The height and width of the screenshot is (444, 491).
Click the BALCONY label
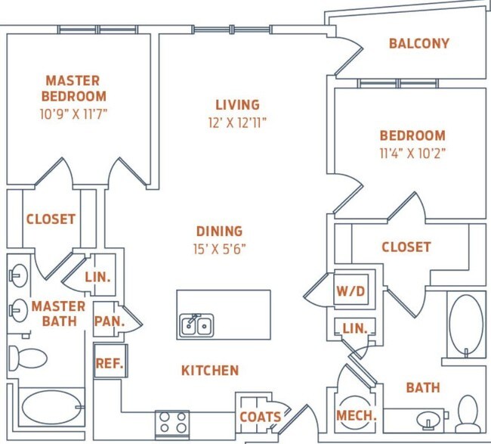coord(418,43)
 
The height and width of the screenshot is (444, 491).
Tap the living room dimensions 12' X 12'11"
coord(237,121)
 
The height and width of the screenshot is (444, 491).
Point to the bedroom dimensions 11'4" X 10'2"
coord(412,152)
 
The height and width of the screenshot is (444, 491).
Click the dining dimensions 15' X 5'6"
coord(219,248)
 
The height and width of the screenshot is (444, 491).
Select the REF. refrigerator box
coord(109,362)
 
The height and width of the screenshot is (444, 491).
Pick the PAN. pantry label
coord(109,320)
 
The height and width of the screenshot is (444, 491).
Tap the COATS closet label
coord(260,417)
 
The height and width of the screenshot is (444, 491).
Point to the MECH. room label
coord(355,415)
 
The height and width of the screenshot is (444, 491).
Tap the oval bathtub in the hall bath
coord(466,325)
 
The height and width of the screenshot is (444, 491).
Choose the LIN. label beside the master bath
coord(98,278)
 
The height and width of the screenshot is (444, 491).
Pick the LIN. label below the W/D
coord(354,328)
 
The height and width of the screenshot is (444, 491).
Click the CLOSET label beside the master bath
coord(51,219)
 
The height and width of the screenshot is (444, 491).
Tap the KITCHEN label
coord(210,371)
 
